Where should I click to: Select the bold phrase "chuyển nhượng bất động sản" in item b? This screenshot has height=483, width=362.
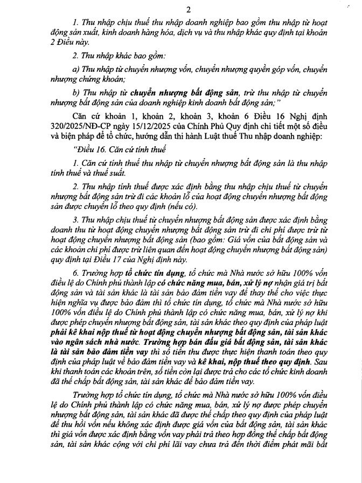(168, 93)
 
